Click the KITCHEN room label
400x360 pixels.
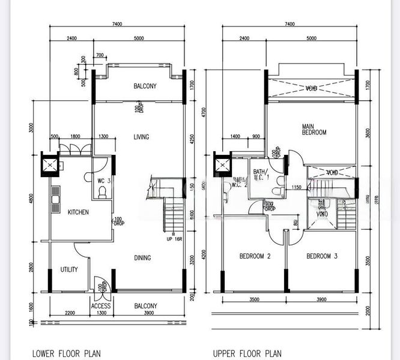[78, 212]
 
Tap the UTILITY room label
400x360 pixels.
[68, 270]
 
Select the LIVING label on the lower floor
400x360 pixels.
[141, 137]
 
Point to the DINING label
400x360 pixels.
[142, 258]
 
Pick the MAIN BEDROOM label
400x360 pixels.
[314, 129]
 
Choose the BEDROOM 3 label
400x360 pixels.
[322, 257]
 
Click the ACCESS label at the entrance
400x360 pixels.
[101, 305]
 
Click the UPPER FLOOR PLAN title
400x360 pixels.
[247, 353]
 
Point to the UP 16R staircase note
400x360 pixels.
[174, 238]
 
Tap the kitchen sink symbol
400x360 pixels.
[56, 200]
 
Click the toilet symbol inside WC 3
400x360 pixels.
[103, 193]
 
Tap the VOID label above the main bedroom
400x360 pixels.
[311, 88]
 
